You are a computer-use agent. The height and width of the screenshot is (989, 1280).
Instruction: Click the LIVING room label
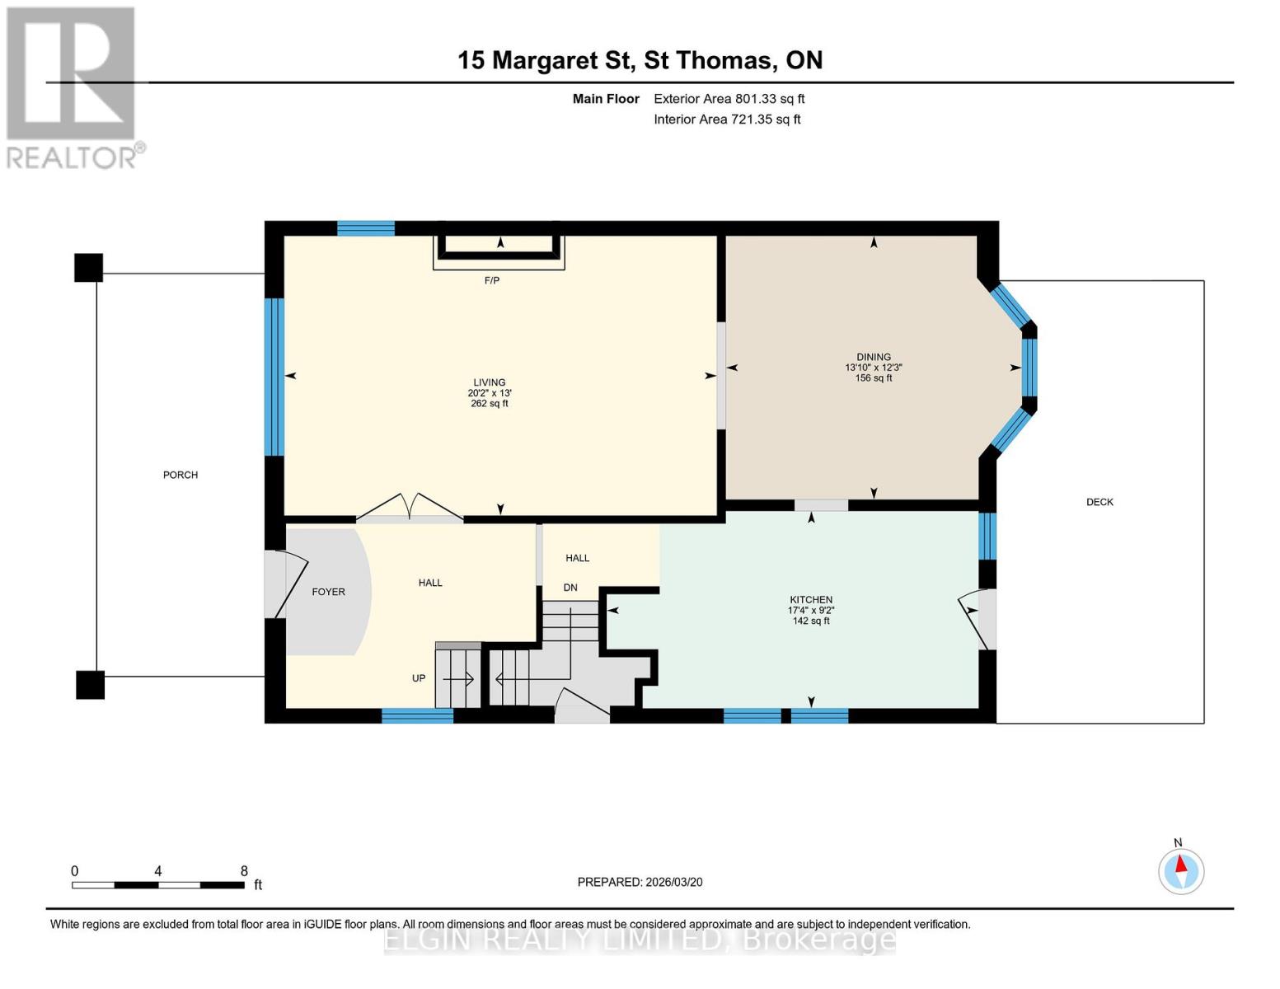coord(489,382)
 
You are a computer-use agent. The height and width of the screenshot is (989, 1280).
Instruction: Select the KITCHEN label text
coord(811,600)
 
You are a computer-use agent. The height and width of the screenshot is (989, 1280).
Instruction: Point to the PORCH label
coord(181,475)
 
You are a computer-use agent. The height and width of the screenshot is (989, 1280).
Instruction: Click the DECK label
coord(1099,502)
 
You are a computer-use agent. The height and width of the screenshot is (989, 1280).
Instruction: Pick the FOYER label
coord(328,592)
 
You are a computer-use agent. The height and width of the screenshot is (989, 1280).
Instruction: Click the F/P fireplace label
coord(492,280)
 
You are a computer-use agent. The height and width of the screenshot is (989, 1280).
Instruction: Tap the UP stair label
coord(418,678)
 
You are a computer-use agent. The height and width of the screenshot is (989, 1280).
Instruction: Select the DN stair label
coord(570,588)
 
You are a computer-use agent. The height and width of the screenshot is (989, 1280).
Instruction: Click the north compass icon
coord(1180,871)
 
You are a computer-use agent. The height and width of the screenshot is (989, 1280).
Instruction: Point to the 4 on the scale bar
coord(158,870)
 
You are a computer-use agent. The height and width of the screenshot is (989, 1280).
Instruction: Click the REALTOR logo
coord(73,88)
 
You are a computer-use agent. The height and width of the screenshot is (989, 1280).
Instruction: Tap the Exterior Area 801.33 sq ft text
coord(729,99)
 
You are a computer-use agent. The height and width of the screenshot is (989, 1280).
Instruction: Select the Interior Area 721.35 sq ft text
coord(727,120)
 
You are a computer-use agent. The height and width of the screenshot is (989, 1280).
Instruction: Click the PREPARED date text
coord(640,882)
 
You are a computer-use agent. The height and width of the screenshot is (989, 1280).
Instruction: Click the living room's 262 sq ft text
coord(489,404)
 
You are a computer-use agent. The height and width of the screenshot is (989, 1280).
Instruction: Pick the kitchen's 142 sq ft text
coord(811,621)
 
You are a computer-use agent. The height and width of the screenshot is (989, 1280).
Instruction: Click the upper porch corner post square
coord(88,267)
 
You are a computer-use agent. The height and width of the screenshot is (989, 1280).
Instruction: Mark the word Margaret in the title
coord(560,61)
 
